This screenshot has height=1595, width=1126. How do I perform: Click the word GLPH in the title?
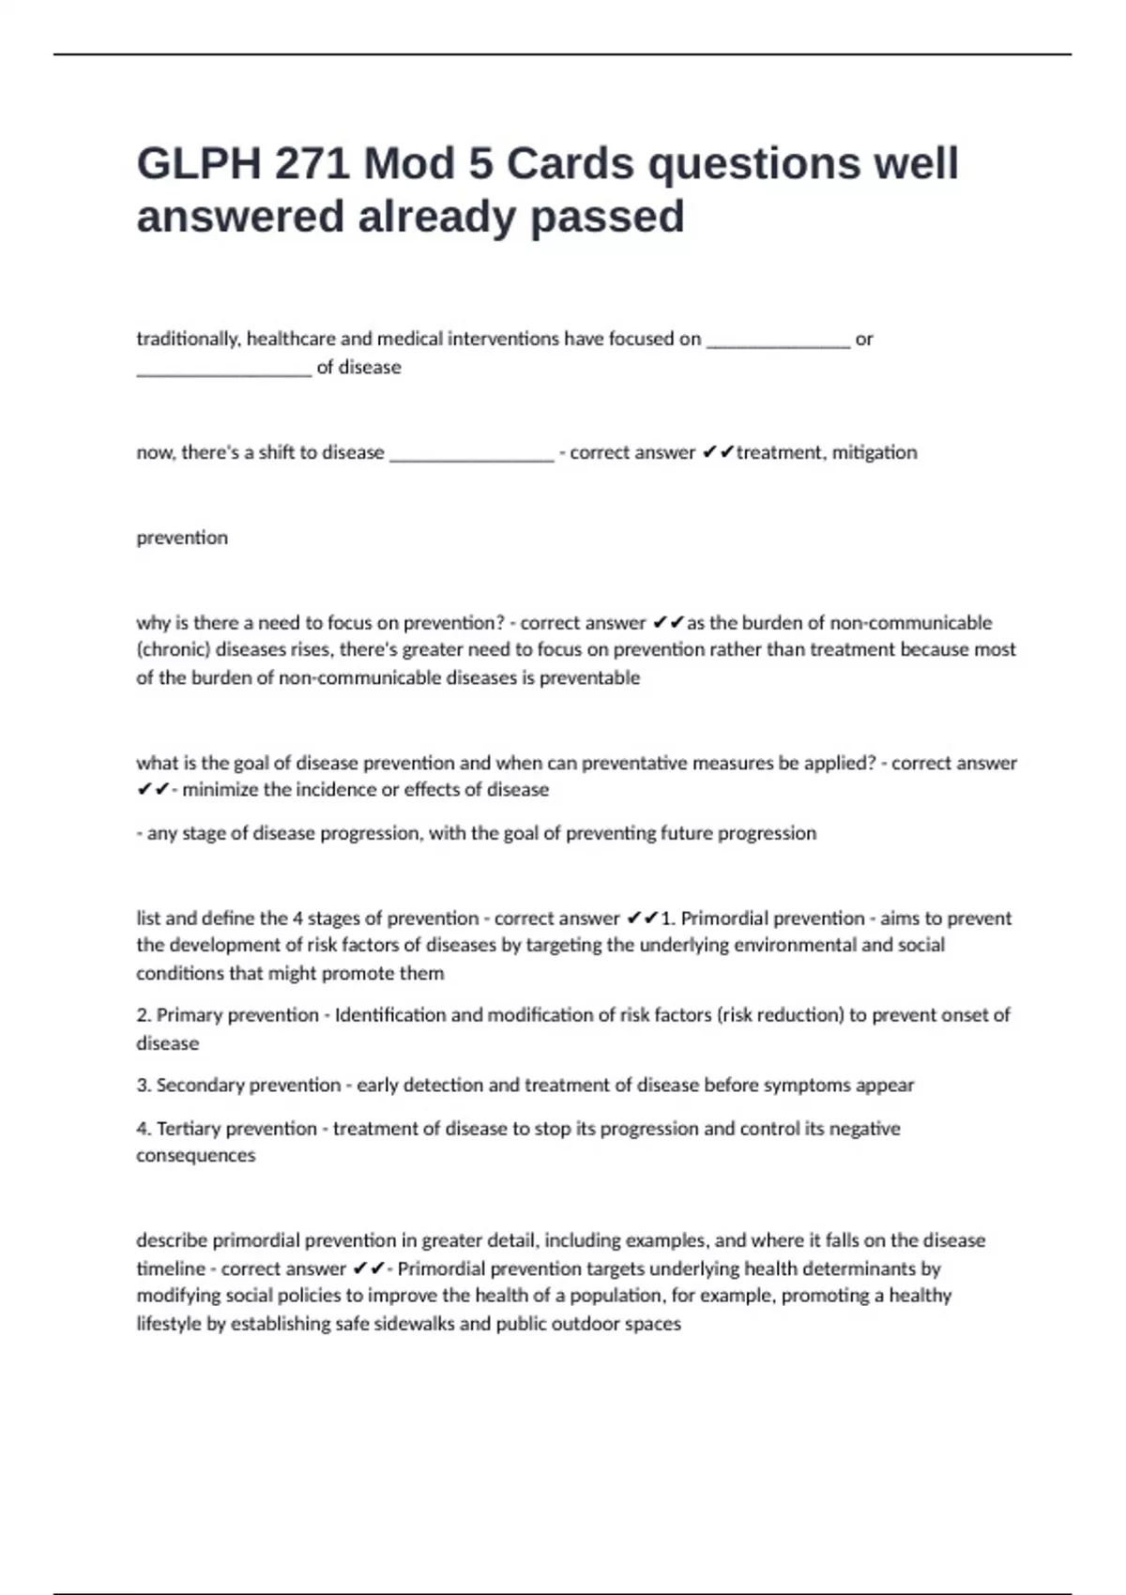(x=198, y=164)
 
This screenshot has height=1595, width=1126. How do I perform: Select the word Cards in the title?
(x=571, y=164)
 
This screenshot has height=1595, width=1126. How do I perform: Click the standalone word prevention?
(x=182, y=538)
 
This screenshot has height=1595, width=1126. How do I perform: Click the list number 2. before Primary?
(x=144, y=1014)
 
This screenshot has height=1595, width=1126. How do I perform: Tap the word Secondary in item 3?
(x=201, y=1085)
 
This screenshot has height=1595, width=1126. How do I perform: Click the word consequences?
(x=195, y=1155)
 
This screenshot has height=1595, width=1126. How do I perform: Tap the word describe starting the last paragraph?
(x=172, y=1240)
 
